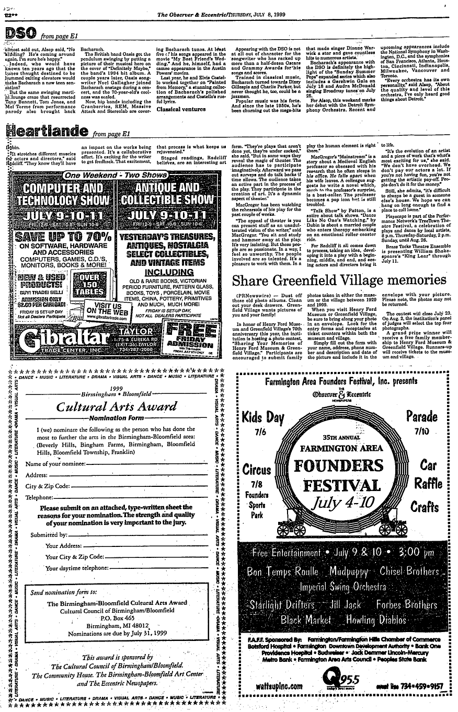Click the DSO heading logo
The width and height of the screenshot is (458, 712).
[x=20, y=33]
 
